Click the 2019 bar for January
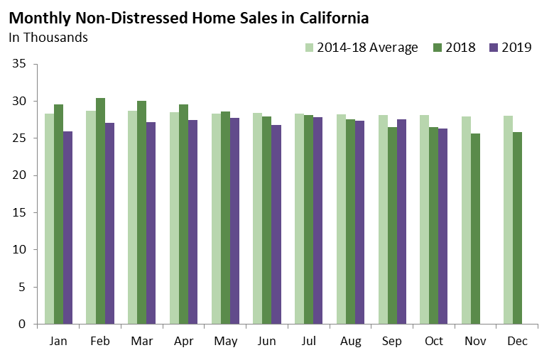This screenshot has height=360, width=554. click(x=67, y=228)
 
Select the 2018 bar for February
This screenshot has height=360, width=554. click(x=100, y=211)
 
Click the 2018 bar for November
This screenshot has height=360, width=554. click(x=475, y=229)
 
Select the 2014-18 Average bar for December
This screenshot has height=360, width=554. click(x=508, y=220)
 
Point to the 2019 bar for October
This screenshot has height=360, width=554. click(x=442, y=227)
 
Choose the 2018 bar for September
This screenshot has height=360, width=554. click(x=391, y=226)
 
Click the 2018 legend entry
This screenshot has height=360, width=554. click(x=455, y=48)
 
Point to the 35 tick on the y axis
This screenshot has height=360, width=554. click(x=19, y=64)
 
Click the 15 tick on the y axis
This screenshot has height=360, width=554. click(x=19, y=212)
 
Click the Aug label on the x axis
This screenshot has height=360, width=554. click(x=350, y=342)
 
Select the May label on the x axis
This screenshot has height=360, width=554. click(x=225, y=342)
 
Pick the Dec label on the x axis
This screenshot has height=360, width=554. click(x=517, y=342)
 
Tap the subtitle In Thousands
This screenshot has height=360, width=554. click(x=48, y=37)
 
